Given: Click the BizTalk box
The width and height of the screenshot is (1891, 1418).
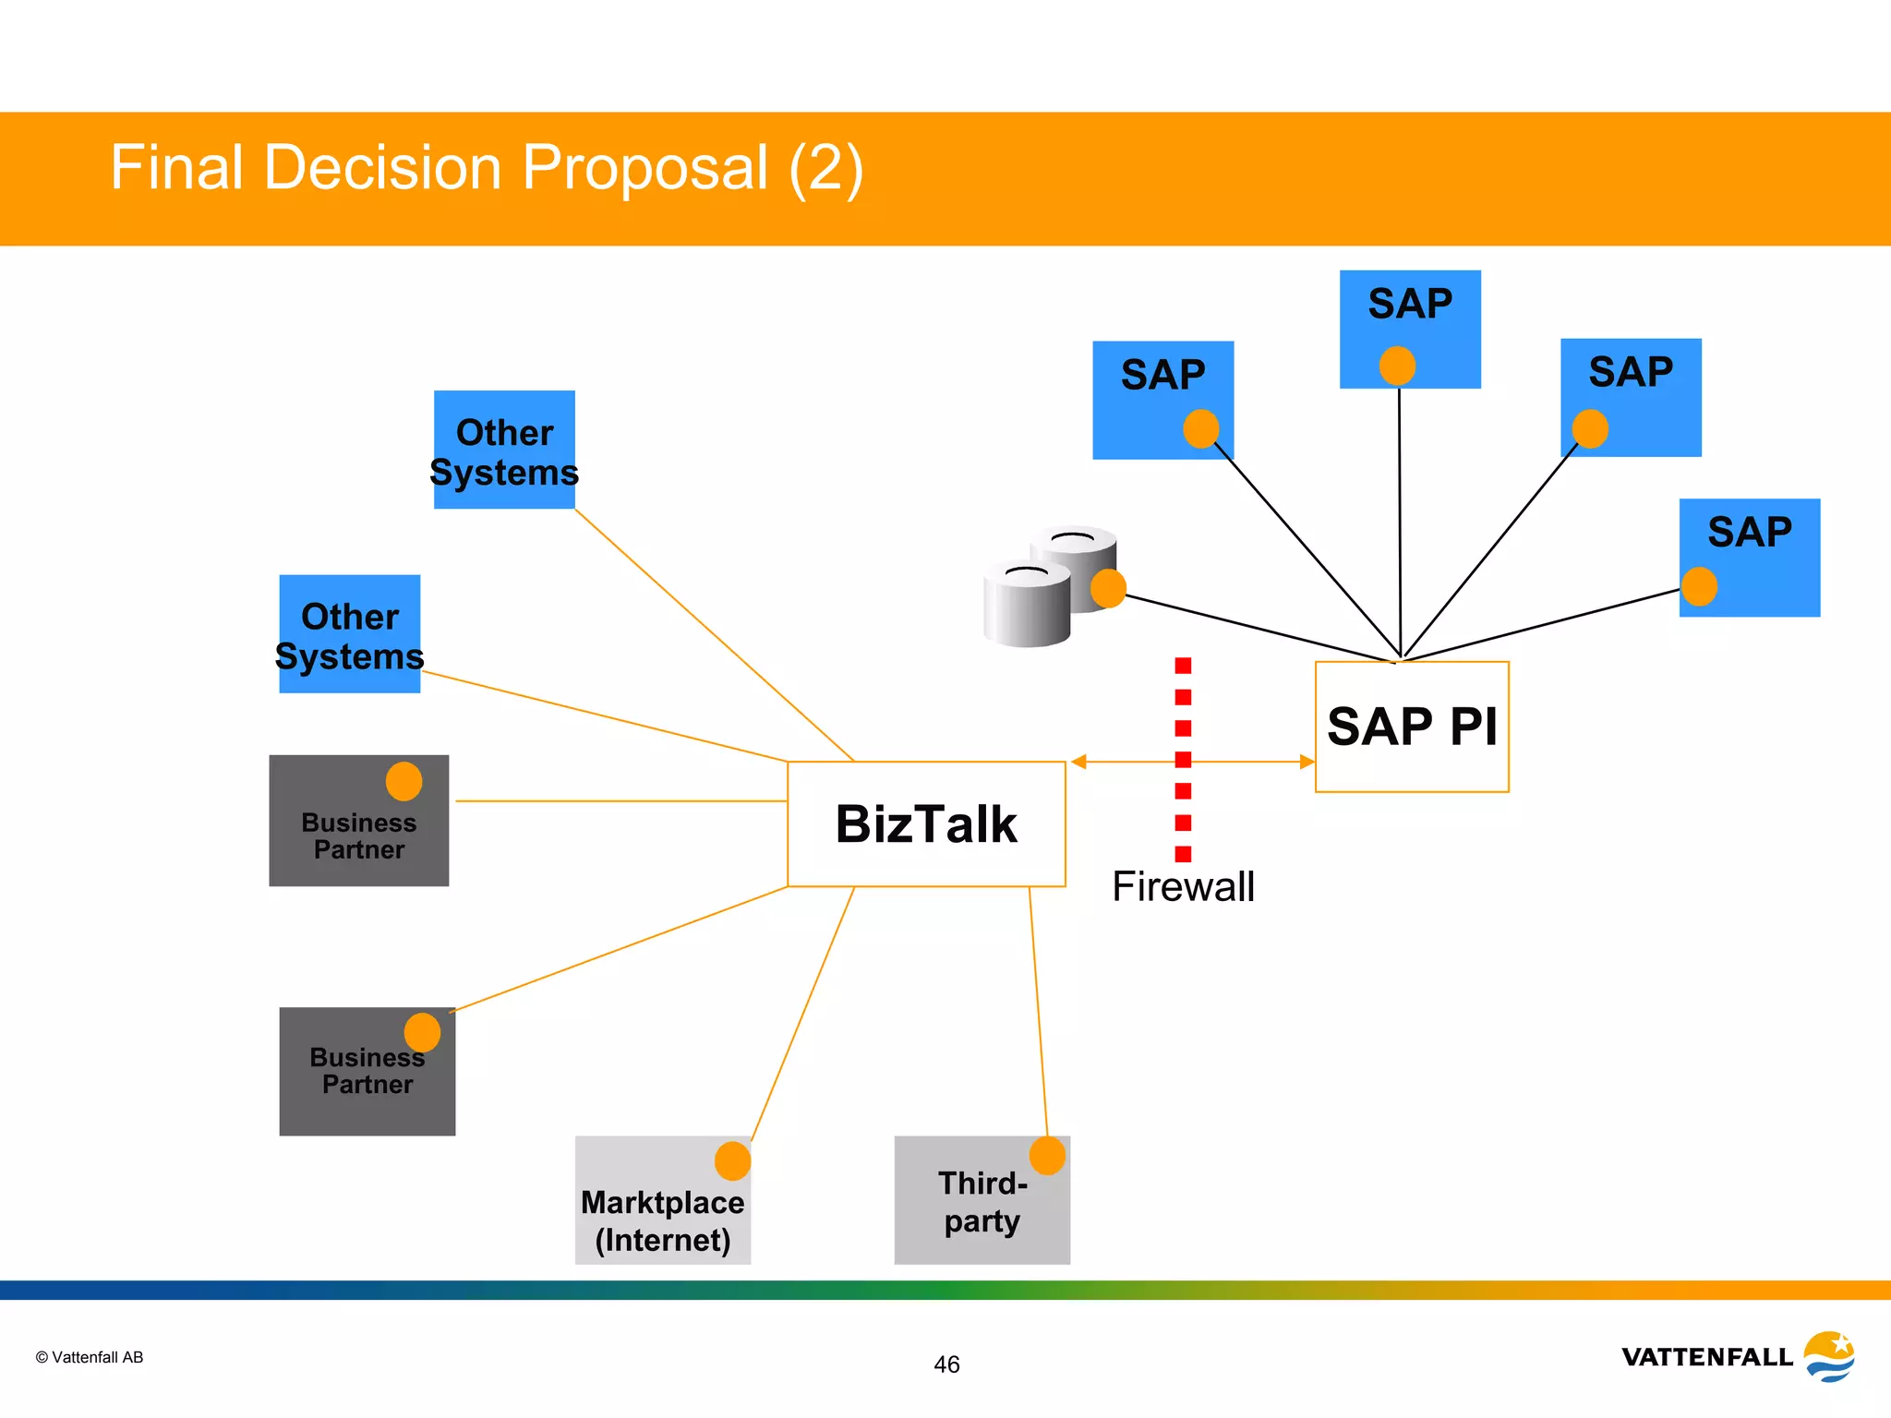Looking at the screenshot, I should (926, 823).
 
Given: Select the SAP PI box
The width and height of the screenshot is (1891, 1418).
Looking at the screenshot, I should (1412, 727).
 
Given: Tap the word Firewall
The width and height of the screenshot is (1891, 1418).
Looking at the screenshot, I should (1183, 887).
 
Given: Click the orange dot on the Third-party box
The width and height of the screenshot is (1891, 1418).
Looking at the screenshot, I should (1047, 1156).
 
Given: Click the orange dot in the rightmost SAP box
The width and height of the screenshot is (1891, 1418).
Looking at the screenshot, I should (1699, 587).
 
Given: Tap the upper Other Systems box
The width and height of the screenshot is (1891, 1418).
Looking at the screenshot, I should (504, 450).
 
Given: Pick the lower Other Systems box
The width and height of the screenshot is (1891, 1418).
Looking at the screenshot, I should (350, 634).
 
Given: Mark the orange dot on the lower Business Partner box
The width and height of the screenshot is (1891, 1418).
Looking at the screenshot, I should (422, 1032).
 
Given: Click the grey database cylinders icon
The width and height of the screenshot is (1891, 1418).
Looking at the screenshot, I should (1039, 591).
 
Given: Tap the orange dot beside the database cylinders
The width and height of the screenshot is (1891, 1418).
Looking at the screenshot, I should (1108, 588).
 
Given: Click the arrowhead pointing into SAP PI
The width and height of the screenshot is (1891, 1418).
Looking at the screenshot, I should (1307, 762).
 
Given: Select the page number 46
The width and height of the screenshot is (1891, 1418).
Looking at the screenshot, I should (946, 1364).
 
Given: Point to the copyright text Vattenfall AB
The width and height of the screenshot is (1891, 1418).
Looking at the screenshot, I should (90, 1357).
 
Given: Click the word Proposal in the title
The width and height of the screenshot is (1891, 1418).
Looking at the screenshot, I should (644, 168).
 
